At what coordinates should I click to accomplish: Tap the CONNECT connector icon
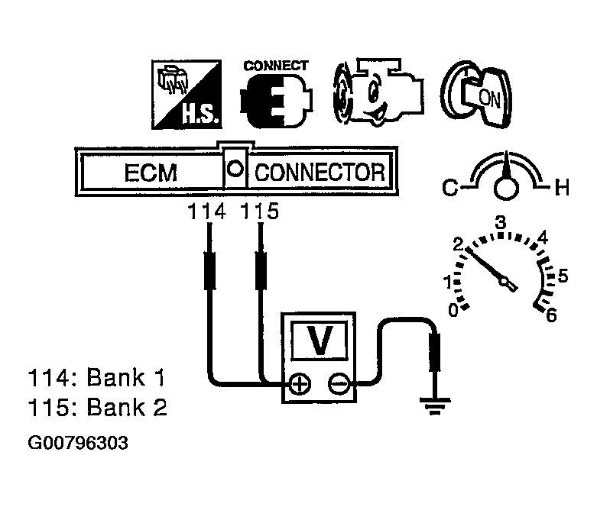click(x=274, y=95)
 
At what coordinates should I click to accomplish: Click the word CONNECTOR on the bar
click(x=319, y=172)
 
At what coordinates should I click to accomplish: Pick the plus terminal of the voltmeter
click(x=300, y=384)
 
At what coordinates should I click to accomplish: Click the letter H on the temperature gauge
click(x=562, y=186)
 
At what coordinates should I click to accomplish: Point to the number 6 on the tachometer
click(x=551, y=314)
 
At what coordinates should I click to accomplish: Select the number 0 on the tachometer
click(x=453, y=309)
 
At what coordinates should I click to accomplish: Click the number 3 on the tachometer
click(x=501, y=223)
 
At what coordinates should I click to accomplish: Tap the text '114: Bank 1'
click(x=97, y=377)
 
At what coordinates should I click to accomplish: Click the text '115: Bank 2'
click(x=97, y=408)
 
